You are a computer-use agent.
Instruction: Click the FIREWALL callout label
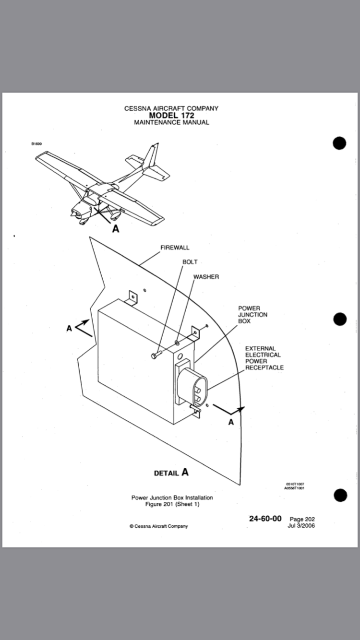point(175,248)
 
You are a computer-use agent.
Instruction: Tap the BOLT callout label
point(190,262)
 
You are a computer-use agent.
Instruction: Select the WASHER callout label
point(206,277)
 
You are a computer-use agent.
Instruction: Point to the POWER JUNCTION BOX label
point(252,315)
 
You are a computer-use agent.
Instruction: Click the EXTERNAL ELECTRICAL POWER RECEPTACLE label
point(264,358)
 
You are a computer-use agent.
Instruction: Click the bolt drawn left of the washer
point(155,356)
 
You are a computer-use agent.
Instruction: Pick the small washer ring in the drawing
point(177,344)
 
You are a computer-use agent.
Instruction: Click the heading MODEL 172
point(171,115)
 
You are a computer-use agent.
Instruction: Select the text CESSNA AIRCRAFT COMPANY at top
point(171,108)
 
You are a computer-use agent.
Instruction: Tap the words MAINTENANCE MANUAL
point(171,122)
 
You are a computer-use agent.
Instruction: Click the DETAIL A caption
point(171,473)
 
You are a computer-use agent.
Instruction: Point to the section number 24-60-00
point(265,519)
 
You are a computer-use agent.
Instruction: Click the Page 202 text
point(302,519)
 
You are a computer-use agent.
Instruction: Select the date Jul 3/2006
point(301,525)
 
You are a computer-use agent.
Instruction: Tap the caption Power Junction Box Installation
point(172,498)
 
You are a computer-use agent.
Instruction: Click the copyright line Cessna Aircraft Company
point(158,526)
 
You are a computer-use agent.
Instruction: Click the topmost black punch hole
point(339,143)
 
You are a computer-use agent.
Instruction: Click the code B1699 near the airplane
point(36,143)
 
